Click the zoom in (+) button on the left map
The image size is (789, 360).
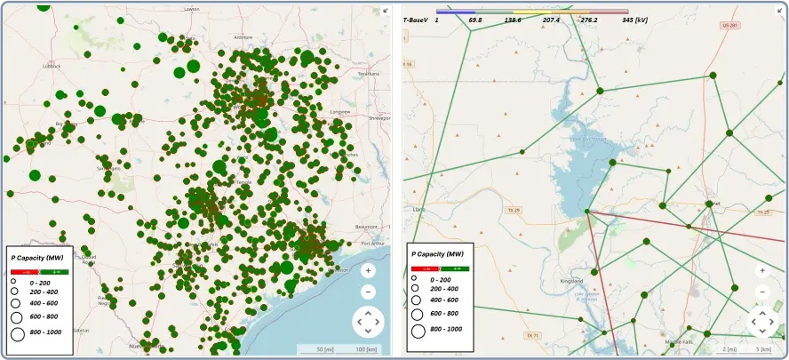coord(368,270)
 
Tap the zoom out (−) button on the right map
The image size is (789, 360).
coord(762,292)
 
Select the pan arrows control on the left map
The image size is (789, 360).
coord(368,321)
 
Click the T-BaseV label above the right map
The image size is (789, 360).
coord(416,19)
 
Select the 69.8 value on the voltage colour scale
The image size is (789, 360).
coord(475,19)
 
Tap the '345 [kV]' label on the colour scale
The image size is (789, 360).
coord(640,19)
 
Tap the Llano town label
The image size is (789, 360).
coord(420,210)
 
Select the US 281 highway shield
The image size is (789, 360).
coord(730,26)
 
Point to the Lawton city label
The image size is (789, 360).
coord(191,9)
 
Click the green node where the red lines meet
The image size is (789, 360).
coord(587,211)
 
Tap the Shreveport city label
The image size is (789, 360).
coord(379,116)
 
